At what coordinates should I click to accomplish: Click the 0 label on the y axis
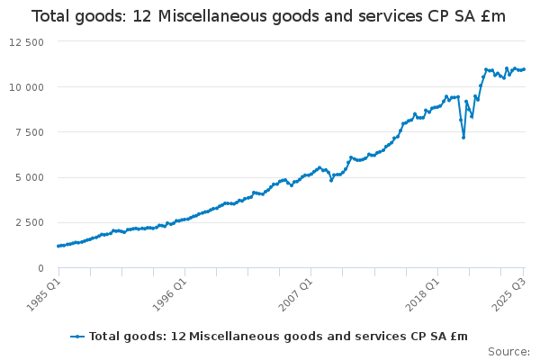pyautogui.click(x=40, y=267)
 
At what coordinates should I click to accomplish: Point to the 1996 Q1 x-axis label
pyautogui.click(x=168, y=293)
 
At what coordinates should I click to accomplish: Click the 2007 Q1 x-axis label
pyautogui.click(x=294, y=293)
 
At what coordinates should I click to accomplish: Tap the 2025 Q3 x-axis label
pyautogui.click(x=507, y=293)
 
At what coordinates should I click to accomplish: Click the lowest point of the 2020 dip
pyautogui.click(x=463, y=137)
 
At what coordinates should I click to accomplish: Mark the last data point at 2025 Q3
pyautogui.click(x=524, y=69)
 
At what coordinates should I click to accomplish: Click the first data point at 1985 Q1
pyautogui.click(x=58, y=246)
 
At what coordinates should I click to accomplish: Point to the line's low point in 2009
pyautogui.click(x=331, y=180)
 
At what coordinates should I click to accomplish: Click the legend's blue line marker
pyautogui.click(x=78, y=336)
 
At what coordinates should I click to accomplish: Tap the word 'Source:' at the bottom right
pyautogui.click(x=508, y=352)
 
